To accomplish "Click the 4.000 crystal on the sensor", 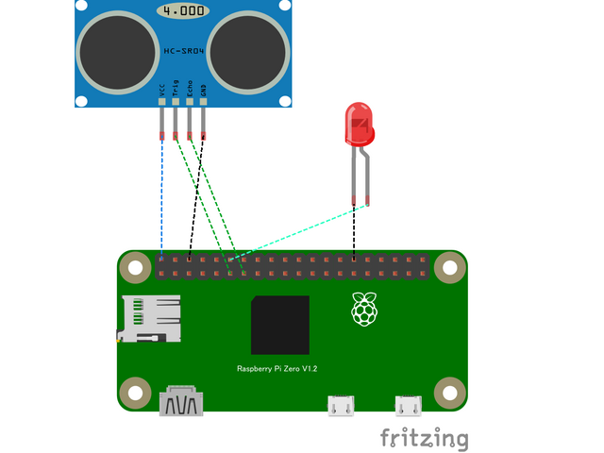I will click(x=183, y=10).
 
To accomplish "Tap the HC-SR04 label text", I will click(x=183, y=51).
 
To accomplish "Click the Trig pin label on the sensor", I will click(x=176, y=91).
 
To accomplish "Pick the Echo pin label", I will click(x=190, y=91).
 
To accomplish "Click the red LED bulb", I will click(x=360, y=126).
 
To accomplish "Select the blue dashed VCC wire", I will click(x=161, y=198).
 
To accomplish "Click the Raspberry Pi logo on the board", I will click(x=363, y=310).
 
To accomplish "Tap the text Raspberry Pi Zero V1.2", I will click(x=277, y=369).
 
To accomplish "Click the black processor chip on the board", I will click(x=279, y=325).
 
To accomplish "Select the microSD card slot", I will click(x=149, y=318).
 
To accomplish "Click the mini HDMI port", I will click(x=183, y=402).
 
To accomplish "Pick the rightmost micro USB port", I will click(x=409, y=406).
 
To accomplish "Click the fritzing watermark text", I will click(x=424, y=438).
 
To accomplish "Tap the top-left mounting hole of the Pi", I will click(x=137, y=269).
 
